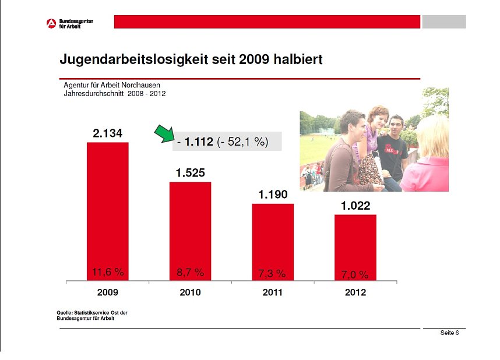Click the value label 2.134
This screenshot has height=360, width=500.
click(x=107, y=133)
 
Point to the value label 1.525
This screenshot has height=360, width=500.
click(x=190, y=173)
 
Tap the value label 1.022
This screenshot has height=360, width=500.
click(x=355, y=206)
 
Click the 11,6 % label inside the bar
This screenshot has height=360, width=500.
click(x=108, y=272)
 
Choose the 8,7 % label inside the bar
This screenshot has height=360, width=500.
click(x=191, y=273)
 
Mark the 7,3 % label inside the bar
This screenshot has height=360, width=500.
click(x=272, y=273)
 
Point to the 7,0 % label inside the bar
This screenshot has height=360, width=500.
click(x=355, y=274)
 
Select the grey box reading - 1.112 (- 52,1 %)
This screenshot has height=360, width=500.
click(x=227, y=141)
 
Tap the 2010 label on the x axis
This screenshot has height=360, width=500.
click(x=190, y=292)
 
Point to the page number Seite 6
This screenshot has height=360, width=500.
click(x=449, y=333)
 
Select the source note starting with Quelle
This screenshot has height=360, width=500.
click(x=91, y=316)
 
